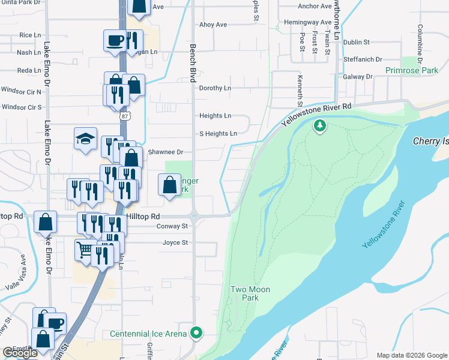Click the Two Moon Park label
250,293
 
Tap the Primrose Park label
411,70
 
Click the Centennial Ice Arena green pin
196,333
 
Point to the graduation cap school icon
85,139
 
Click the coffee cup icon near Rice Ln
115,41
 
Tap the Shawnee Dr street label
165,152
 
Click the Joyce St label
175,243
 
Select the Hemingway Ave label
307,22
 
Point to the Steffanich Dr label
363,59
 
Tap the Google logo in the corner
20,353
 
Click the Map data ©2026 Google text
412,355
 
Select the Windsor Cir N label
22,92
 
